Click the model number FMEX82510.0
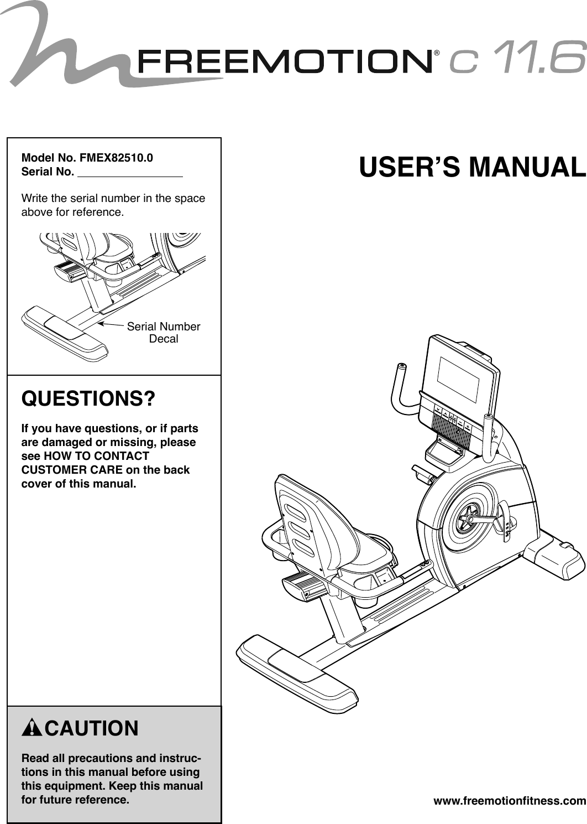tap(116, 158)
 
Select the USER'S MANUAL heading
tap(472, 167)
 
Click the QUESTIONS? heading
tap(88, 398)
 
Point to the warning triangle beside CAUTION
tap(32, 728)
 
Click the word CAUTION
tap(92, 728)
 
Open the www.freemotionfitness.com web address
tap(509, 801)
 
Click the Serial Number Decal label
tap(164, 333)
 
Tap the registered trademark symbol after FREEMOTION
tap(437, 54)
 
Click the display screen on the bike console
tap(459, 380)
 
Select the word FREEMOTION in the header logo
tap(285, 61)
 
